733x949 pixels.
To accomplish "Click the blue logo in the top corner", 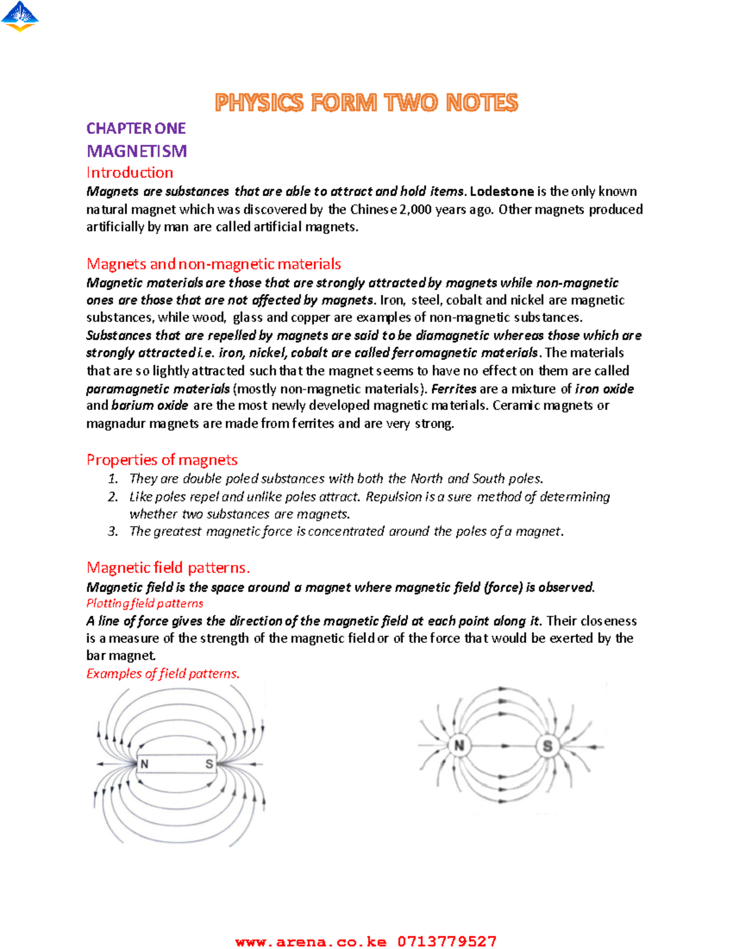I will tap(20, 16).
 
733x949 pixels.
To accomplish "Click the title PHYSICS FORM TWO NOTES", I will tap(366, 103).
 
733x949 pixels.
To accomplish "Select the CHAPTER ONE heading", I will tap(136, 128).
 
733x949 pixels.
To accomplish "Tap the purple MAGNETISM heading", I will tap(136, 151).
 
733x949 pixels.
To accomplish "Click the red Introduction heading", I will tap(129, 172).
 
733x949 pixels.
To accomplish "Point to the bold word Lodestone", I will tap(501, 191).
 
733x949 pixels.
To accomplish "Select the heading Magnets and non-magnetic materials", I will tap(213, 264).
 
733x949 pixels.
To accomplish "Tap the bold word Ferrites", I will tap(453, 389).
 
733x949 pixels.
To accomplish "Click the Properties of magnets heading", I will tap(162, 460).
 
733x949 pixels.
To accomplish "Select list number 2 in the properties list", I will tap(112, 497).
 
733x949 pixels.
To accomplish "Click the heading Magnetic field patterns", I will tap(168, 568).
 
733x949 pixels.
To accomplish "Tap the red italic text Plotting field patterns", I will tap(145, 604).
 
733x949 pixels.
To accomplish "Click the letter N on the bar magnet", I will tap(145, 764).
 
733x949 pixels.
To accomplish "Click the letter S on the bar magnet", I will tap(209, 764).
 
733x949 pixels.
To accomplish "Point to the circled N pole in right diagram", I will tap(459, 746).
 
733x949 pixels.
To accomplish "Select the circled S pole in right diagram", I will tap(547, 746).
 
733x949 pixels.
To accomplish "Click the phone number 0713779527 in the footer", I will tap(447, 941).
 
